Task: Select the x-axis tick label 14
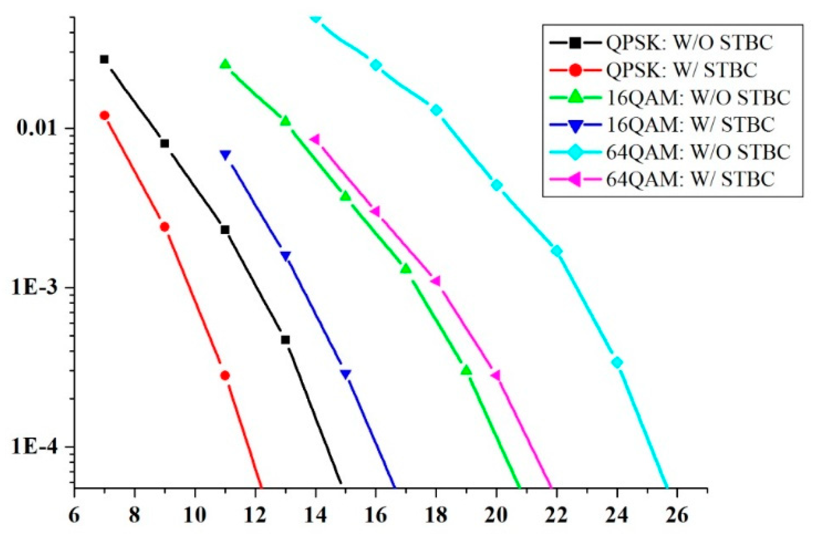[x=315, y=516]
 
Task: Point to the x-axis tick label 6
[x=74, y=516]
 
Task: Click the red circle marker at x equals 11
[x=225, y=376]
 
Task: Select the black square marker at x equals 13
[x=285, y=340]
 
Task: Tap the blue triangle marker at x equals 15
[x=346, y=374]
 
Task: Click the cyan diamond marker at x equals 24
[x=617, y=363]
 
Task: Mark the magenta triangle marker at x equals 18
[x=436, y=281]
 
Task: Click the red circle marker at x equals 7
[x=104, y=116]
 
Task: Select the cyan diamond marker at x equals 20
[x=496, y=185]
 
